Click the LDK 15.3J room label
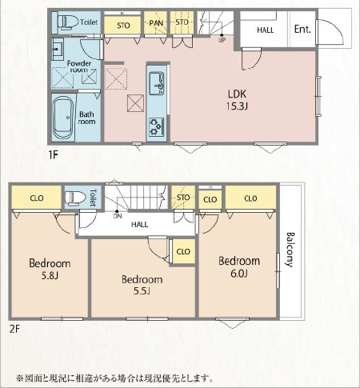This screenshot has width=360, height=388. pos(237,100)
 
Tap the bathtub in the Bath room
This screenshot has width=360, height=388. pos(64,118)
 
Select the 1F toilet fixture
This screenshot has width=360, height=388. pos(66,22)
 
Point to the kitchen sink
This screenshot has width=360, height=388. pos(156,83)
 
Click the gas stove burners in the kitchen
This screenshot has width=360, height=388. pos(156,126)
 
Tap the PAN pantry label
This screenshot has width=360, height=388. pos(156,23)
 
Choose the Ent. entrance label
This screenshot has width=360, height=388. pos(302,29)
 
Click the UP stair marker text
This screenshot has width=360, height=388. pos(222,40)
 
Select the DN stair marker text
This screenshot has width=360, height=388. pos(118,216)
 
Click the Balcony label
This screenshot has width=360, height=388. pos(290,250)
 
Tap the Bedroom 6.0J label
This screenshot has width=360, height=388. pos(239,267)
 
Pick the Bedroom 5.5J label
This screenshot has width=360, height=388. pos(142,285)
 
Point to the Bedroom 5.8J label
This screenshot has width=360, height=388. pos(50,269)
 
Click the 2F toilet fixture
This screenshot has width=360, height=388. pos(75,198)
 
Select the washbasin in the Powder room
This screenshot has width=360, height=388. pos(58,50)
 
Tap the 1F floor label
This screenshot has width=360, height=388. pos(54,154)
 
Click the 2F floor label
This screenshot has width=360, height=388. pos(14,329)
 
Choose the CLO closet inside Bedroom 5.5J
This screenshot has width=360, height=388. pos(183,251)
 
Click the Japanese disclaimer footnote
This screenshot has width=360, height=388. pos(115,378)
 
